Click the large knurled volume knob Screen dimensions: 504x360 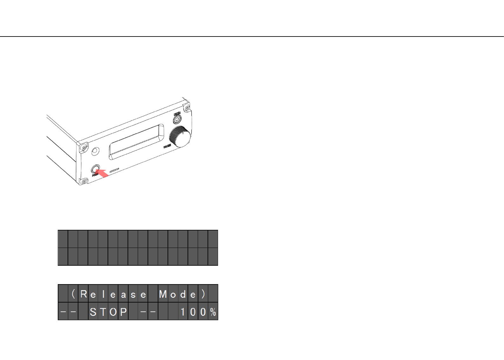point(180,137)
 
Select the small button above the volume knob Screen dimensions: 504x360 point(177,119)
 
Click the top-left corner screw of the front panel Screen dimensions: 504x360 point(83,148)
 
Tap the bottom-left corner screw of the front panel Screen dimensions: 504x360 point(83,181)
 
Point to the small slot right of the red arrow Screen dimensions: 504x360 point(115,171)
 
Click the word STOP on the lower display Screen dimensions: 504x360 point(108,312)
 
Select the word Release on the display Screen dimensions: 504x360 point(113,294)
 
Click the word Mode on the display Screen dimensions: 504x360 point(178,294)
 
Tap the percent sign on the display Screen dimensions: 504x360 point(213,312)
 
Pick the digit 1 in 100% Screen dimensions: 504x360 point(183,312)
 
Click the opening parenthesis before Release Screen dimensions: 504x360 point(73,294)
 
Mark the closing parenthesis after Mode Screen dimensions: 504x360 point(203,294)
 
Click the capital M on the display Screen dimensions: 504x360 point(163,294)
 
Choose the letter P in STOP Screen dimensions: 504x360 point(123,312)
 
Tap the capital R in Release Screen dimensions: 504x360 point(83,294)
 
